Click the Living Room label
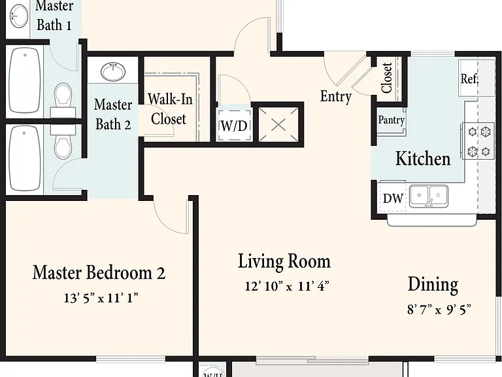[x=284, y=261]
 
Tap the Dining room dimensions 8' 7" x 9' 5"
[x=439, y=310]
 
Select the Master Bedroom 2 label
[x=99, y=272]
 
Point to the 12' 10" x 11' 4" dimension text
[x=287, y=285]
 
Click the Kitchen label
[x=423, y=158]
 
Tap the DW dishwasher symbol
[x=393, y=198]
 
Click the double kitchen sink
[x=429, y=196]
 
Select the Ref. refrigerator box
[x=469, y=78]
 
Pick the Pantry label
[x=392, y=120]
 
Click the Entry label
[x=336, y=96]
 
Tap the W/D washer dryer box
[x=234, y=126]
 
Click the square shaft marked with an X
[x=278, y=125]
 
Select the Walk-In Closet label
[x=169, y=109]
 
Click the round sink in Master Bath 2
[x=113, y=72]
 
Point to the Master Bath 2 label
[x=113, y=115]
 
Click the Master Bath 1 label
[x=54, y=16]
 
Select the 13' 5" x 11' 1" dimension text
[x=101, y=298]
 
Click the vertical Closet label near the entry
[x=387, y=78]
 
